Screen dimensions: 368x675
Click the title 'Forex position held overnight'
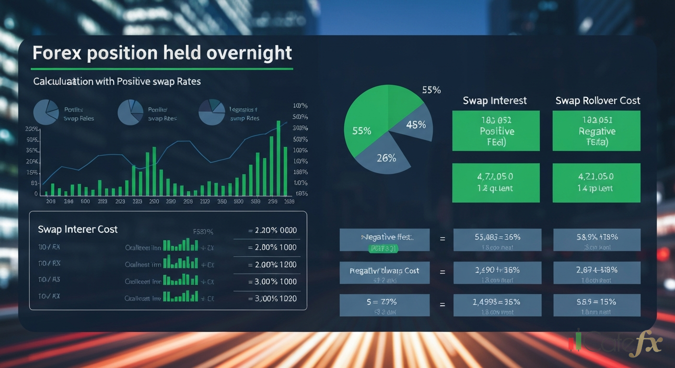(x=162, y=53)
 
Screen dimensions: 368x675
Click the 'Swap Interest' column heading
(x=495, y=101)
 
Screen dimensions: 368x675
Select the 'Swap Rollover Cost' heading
(x=597, y=101)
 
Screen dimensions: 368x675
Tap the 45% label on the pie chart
(x=416, y=125)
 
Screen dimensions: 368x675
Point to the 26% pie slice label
(x=386, y=157)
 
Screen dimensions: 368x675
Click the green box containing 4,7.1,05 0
(x=496, y=183)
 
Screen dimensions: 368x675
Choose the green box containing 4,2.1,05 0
(x=596, y=183)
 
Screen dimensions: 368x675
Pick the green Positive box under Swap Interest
(x=496, y=131)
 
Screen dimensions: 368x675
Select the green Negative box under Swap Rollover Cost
(x=596, y=131)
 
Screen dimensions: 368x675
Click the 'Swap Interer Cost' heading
(x=78, y=230)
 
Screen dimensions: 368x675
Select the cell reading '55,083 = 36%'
(x=497, y=240)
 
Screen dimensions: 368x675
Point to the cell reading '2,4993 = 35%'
(x=497, y=305)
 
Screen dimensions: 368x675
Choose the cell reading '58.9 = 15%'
(x=596, y=305)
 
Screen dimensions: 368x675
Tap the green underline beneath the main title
(x=163, y=69)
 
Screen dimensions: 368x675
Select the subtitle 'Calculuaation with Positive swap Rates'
(x=117, y=81)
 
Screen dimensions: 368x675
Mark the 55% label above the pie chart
(x=431, y=90)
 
